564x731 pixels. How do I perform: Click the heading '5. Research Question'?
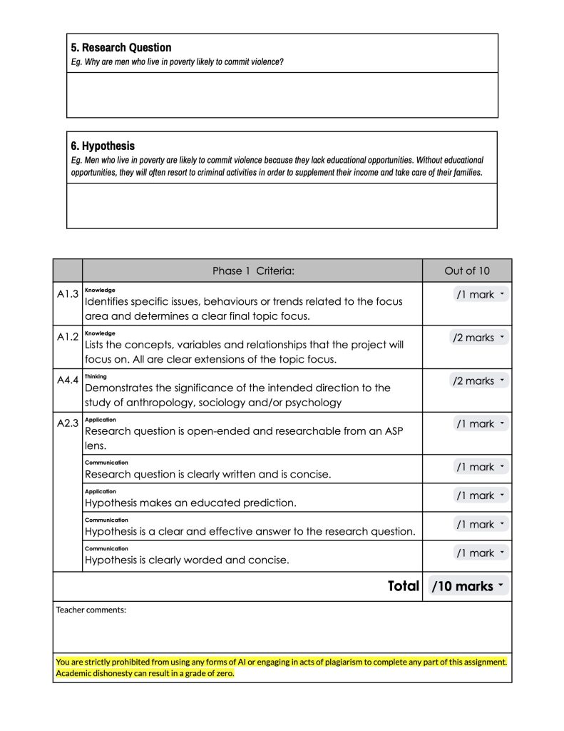(x=121, y=48)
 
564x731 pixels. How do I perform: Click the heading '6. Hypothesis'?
(x=102, y=146)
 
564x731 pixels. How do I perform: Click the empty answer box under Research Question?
(x=282, y=94)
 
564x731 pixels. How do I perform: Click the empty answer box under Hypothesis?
(x=282, y=206)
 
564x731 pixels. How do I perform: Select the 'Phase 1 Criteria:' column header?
(x=253, y=271)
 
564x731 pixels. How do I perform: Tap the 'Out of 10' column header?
(x=467, y=271)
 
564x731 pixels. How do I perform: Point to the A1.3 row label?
(x=67, y=293)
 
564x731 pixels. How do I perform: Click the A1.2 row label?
(x=67, y=336)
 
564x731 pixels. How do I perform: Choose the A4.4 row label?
(x=67, y=380)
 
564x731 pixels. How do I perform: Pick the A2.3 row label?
(x=67, y=423)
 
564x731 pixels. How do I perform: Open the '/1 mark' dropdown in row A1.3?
(x=481, y=294)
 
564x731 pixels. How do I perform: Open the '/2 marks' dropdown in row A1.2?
(x=478, y=338)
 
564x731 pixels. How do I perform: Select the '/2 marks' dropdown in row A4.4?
(x=478, y=380)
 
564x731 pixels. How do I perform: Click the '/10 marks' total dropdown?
(x=468, y=586)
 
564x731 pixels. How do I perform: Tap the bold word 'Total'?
(x=403, y=586)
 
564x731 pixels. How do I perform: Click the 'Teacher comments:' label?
(x=91, y=610)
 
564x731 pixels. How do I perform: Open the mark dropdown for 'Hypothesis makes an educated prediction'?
(x=481, y=495)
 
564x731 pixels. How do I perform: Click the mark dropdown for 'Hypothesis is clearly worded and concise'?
(x=481, y=553)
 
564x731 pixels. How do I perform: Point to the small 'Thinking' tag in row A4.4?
(x=96, y=376)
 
